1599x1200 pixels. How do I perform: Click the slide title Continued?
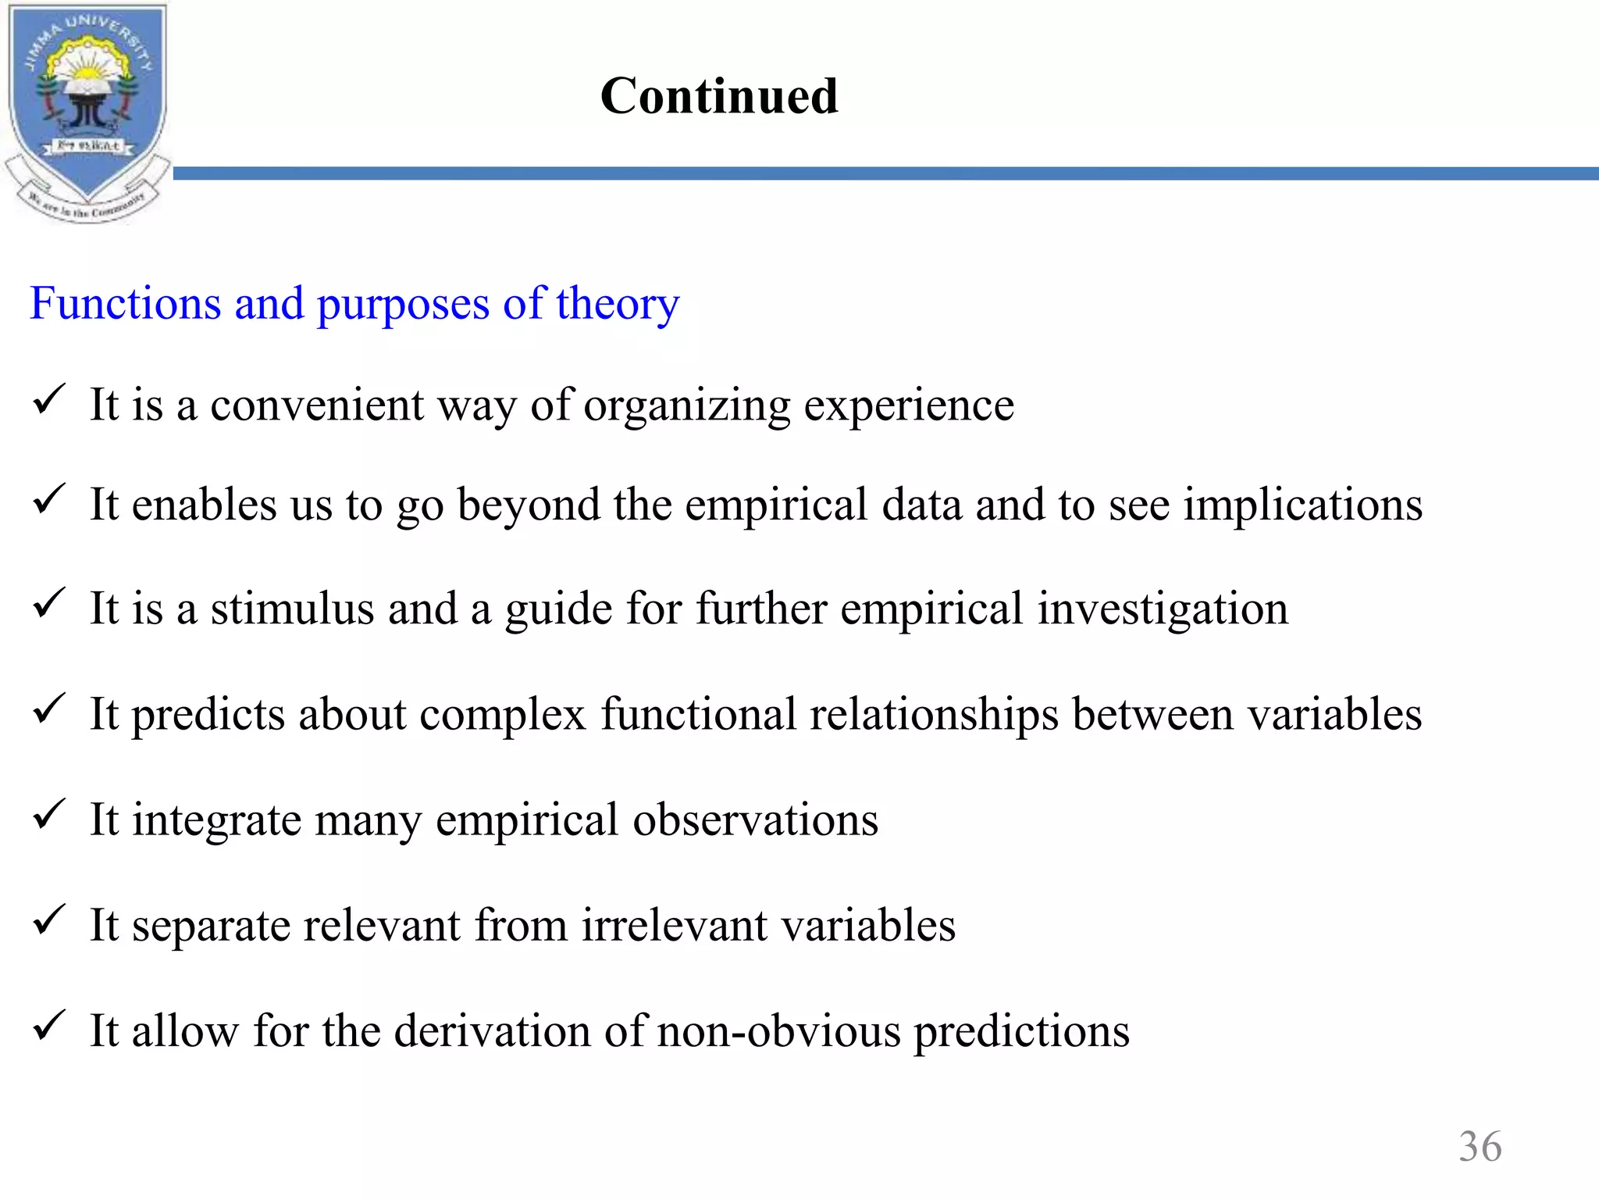coord(719,96)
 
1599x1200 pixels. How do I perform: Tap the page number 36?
coord(1480,1147)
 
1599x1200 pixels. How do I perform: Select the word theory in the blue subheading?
coord(618,305)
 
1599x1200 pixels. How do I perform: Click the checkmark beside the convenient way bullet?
coord(49,401)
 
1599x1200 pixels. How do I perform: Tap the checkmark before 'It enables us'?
coord(49,500)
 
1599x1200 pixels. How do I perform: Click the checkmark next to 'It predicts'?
coord(49,709)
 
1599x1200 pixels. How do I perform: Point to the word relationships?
coord(934,716)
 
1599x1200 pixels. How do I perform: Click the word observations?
coord(755,820)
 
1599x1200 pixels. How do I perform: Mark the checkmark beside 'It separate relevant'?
coord(49,920)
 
